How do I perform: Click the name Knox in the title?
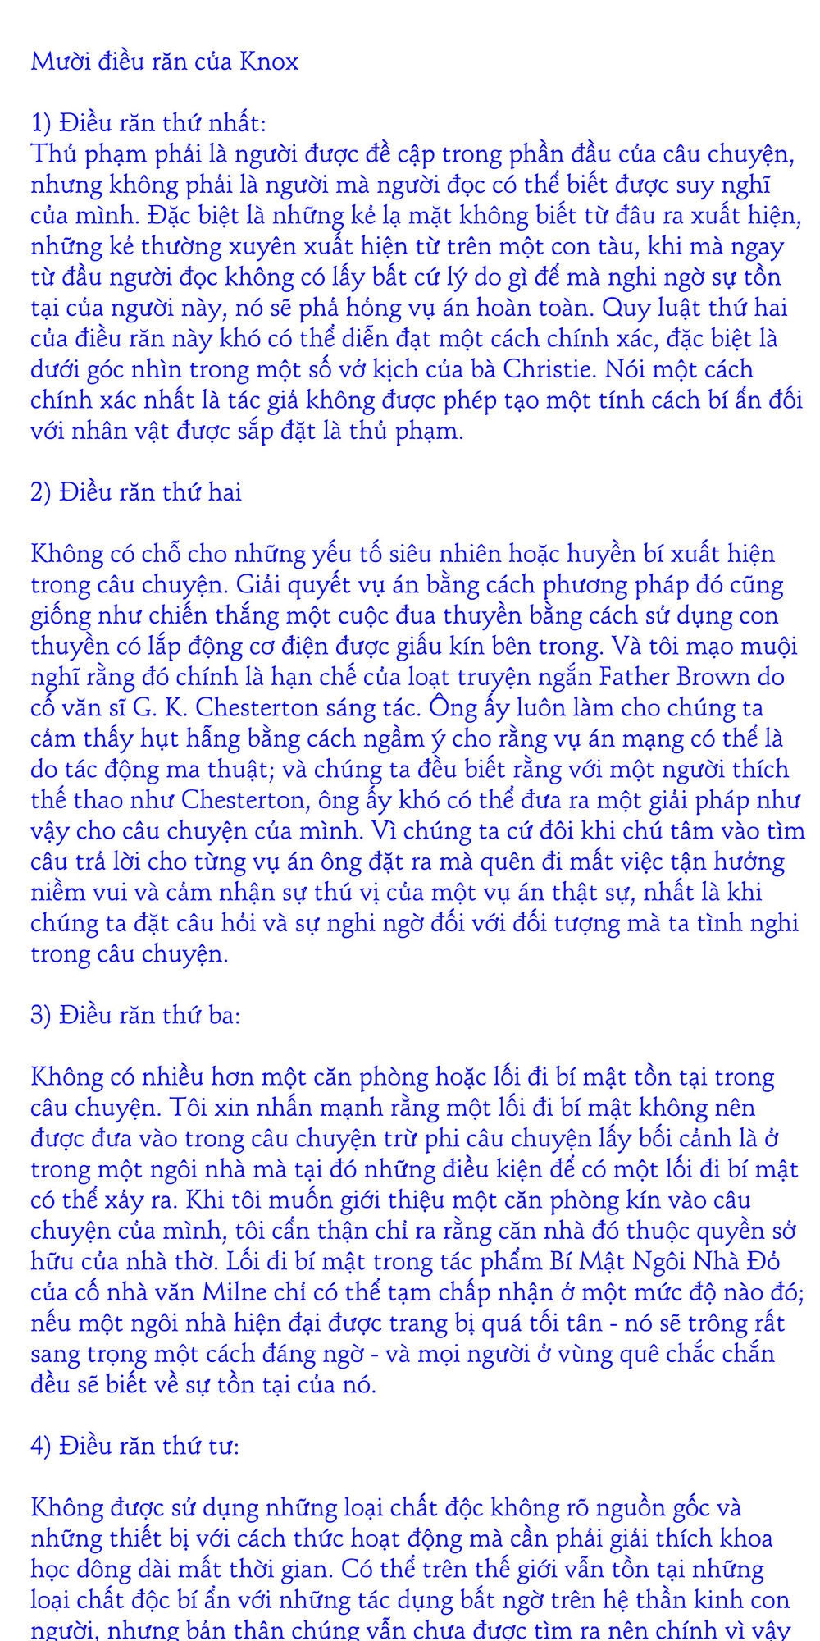(269, 62)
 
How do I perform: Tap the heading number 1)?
(42, 123)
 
